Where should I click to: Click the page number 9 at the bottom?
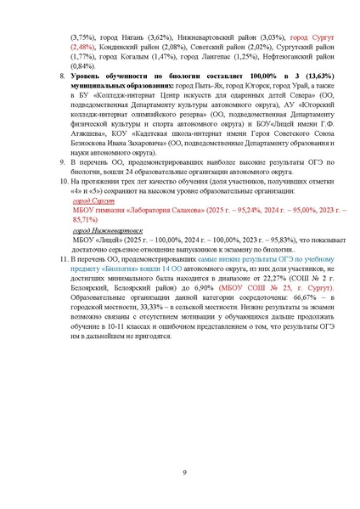184,473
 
